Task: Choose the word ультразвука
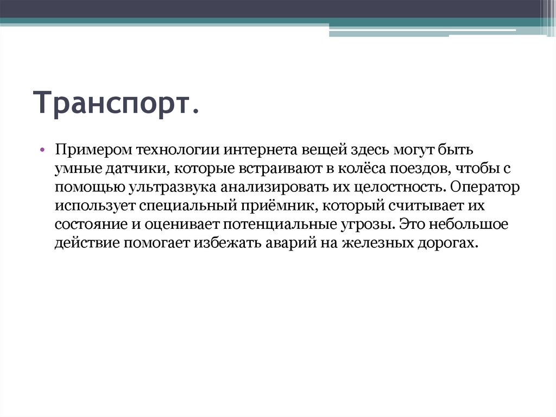coord(172,188)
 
